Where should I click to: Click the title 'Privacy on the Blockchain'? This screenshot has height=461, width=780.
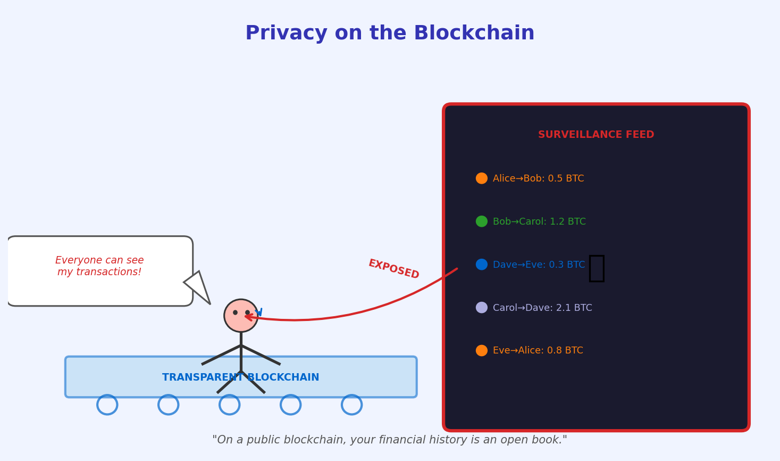pyautogui.click(x=390, y=34)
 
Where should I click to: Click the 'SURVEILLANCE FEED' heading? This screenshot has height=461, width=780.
pyautogui.click(x=596, y=135)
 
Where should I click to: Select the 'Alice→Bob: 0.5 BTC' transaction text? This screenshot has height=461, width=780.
pyautogui.click(x=538, y=179)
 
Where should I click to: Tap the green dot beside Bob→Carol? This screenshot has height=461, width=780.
pyautogui.click(x=482, y=221)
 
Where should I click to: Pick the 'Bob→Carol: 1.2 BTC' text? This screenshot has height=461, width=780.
pyautogui.click(x=539, y=222)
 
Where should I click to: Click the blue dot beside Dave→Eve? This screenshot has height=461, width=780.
pyautogui.click(x=482, y=265)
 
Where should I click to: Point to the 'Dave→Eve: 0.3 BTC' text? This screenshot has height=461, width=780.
pyautogui.click(x=539, y=265)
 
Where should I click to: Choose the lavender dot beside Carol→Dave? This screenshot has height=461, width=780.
pyautogui.click(x=482, y=308)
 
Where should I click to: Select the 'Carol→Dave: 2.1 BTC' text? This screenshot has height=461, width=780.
pyautogui.click(x=542, y=308)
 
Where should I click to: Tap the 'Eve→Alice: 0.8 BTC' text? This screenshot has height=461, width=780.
pyautogui.click(x=538, y=351)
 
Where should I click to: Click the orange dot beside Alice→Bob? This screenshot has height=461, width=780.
pyautogui.click(x=482, y=178)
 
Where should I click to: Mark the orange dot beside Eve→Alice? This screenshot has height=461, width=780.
pyautogui.click(x=482, y=351)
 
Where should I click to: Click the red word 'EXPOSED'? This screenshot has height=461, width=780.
pyautogui.click(x=393, y=269)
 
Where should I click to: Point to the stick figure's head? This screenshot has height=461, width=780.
pyautogui.click(x=241, y=316)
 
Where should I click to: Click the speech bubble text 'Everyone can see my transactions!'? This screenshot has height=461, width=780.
pyautogui.click(x=99, y=266)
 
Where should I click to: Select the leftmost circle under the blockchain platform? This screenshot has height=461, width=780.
pyautogui.click(x=107, y=405)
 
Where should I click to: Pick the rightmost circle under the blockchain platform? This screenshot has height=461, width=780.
pyautogui.click(x=352, y=405)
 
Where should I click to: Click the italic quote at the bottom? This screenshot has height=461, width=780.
pyautogui.click(x=390, y=440)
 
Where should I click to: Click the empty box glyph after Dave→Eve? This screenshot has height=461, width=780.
pyautogui.click(x=597, y=268)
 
